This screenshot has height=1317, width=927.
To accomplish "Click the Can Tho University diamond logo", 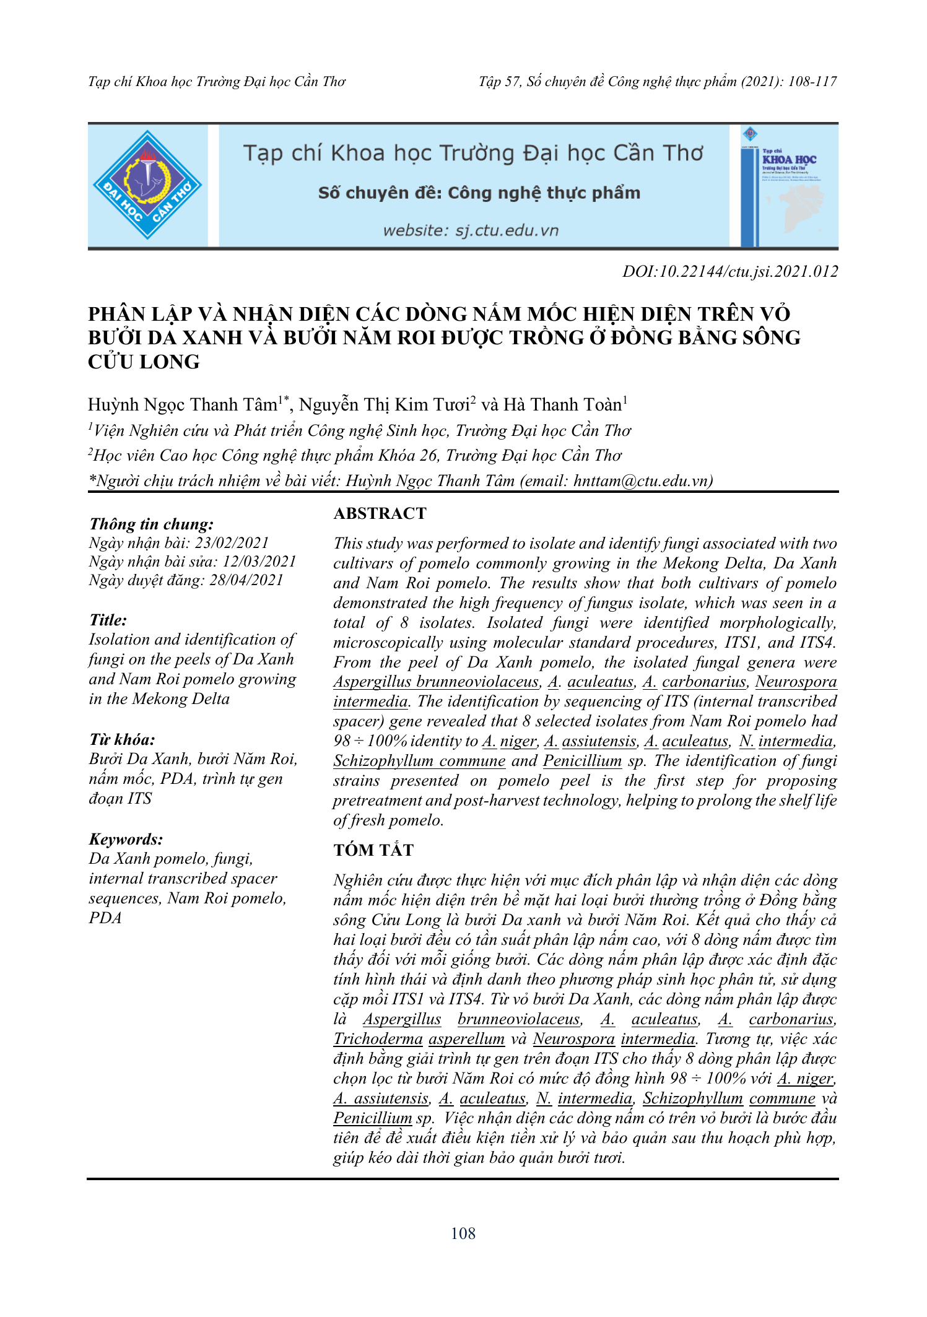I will [x=147, y=185].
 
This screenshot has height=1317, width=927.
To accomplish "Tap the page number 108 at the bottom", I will [x=463, y=1233].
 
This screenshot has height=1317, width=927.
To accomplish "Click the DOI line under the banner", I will [x=730, y=271].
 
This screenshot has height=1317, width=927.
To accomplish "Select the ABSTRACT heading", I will [x=380, y=513].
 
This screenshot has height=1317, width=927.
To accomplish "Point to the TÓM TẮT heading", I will [x=373, y=850].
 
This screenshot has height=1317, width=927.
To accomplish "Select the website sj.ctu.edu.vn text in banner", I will [x=471, y=230].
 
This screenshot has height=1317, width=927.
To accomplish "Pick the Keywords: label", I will [x=126, y=839].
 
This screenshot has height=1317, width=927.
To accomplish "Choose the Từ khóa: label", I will [x=122, y=739].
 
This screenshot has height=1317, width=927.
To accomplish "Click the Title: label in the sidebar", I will [x=108, y=620].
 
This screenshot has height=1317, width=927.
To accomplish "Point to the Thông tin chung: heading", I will [x=152, y=524].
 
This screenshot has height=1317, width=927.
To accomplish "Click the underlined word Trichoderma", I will [x=378, y=1039].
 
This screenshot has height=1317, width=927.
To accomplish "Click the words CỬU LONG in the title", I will [x=144, y=362].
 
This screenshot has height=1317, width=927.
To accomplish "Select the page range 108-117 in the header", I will [x=812, y=82].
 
